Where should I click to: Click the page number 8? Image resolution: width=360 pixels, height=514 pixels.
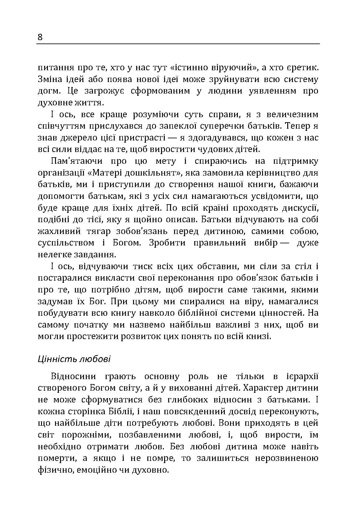(x=40, y=38)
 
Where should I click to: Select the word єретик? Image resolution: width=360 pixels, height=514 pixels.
(x=300, y=67)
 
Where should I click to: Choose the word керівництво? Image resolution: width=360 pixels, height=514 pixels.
(x=256, y=173)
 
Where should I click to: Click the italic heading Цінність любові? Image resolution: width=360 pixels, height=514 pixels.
(x=74, y=359)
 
